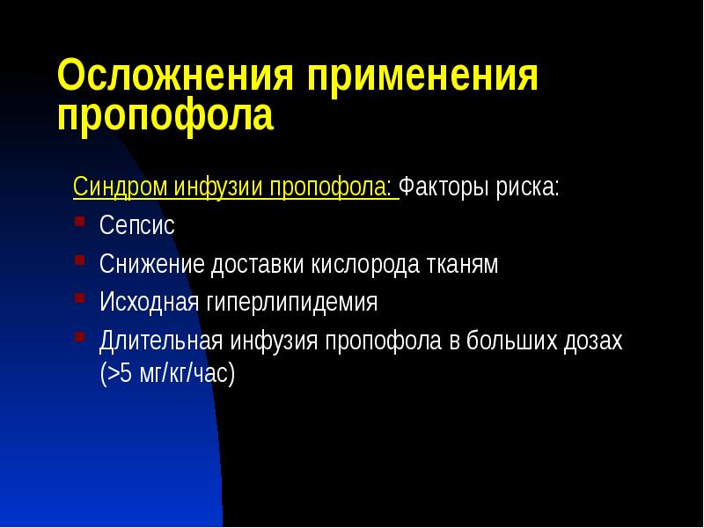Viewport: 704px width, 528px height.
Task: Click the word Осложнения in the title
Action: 174,77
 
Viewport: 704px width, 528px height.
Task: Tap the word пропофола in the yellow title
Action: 165,117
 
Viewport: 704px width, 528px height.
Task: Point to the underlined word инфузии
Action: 218,188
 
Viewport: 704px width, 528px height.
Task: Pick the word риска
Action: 531,188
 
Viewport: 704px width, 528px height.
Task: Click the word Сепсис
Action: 137,225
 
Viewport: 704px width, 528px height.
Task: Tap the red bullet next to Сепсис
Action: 79,223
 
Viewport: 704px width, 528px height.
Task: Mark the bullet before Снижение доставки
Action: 79,261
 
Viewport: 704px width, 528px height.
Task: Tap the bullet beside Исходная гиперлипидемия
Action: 79,300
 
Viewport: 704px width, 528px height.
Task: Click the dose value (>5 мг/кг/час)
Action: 168,373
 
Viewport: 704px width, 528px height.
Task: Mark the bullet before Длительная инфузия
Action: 79,339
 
